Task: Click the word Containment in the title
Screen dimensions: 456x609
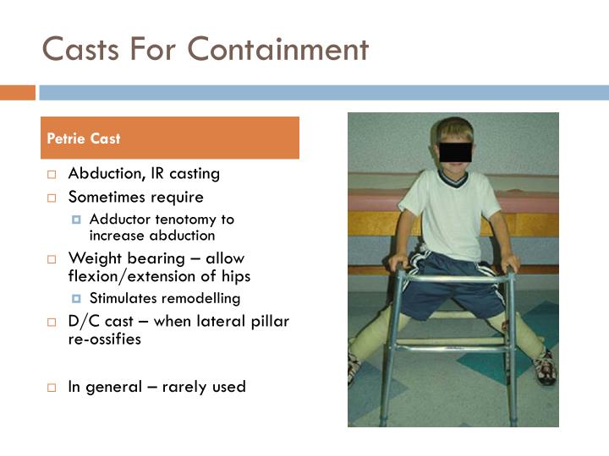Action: click(278, 49)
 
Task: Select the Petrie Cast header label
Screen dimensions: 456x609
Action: click(83, 138)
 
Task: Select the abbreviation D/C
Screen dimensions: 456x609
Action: click(85, 322)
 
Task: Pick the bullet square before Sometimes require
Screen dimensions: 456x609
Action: click(52, 198)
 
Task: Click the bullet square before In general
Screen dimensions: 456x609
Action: click(52, 388)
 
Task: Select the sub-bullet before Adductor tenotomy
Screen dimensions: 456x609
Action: click(77, 220)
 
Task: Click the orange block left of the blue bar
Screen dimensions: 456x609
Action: click(17, 93)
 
